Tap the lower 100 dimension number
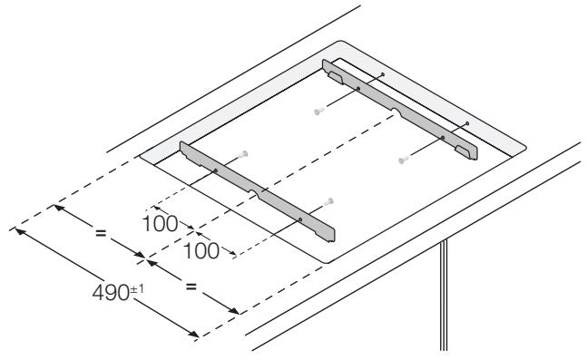click(201, 248)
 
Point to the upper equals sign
click(102, 234)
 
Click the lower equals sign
click(191, 287)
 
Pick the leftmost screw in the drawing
click(245, 153)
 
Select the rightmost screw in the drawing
click(402, 160)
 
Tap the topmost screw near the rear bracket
click(318, 112)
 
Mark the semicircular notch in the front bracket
click(260, 193)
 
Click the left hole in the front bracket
click(216, 170)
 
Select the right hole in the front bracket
click(300, 218)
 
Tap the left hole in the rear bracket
click(357, 89)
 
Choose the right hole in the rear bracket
click(443, 137)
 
